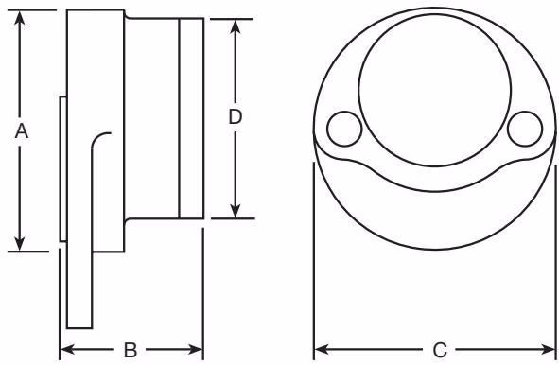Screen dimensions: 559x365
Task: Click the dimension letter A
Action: (x=22, y=131)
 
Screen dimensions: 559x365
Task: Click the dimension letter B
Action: (x=131, y=350)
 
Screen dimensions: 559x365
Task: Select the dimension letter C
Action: (x=440, y=351)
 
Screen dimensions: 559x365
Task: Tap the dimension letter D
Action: (x=235, y=117)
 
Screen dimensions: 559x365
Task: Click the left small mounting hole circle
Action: (x=344, y=129)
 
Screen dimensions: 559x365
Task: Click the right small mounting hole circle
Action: (x=525, y=129)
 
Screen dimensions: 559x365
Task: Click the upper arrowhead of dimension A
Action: (x=20, y=17)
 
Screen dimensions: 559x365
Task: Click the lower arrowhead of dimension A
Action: (x=20, y=243)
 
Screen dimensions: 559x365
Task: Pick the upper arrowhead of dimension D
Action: (x=235, y=26)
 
